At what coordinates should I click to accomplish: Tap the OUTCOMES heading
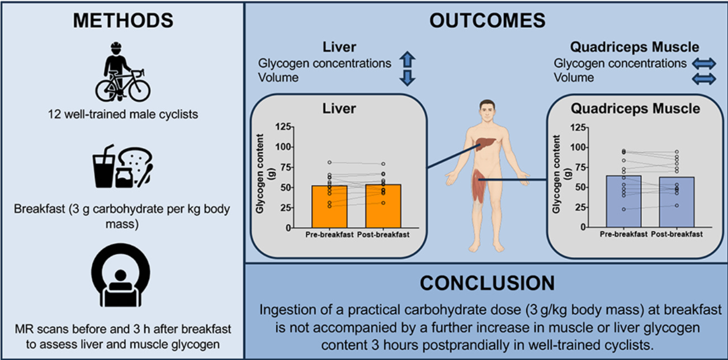point(486,21)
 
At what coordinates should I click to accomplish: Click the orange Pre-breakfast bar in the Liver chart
point(329,206)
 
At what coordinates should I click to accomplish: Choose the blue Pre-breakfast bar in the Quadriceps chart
point(623,201)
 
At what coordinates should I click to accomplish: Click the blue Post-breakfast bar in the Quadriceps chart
point(677,202)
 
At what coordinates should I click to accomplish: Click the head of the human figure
point(488,109)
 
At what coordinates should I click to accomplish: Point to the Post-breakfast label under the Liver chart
point(384,235)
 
